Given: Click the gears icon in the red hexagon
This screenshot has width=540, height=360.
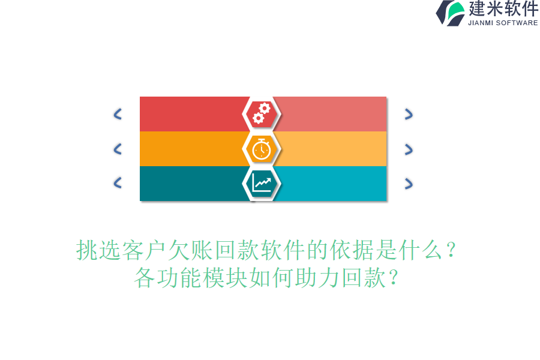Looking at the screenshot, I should click(262, 113).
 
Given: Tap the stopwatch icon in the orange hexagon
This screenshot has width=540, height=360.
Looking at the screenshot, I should click(262, 148).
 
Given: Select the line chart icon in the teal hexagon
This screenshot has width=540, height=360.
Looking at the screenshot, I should click(262, 183).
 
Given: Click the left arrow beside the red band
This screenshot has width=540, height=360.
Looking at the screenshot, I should click(118, 114).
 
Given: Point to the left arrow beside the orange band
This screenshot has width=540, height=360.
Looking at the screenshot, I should click(118, 149).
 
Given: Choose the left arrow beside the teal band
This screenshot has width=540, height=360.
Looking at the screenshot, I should click(118, 183).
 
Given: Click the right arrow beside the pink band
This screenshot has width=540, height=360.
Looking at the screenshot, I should click(409, 114).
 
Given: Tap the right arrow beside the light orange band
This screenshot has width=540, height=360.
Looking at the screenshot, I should click(409, 149).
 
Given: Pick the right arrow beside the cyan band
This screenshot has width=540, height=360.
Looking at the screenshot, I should click(409, 184).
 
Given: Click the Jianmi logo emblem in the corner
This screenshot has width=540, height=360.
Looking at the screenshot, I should click(451, 13).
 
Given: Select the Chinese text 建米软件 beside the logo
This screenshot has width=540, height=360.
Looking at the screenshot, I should click(503, 9).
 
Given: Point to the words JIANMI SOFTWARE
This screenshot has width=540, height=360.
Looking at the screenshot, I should click(503, 23).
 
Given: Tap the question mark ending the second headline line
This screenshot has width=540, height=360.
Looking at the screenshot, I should click(393, 278).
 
